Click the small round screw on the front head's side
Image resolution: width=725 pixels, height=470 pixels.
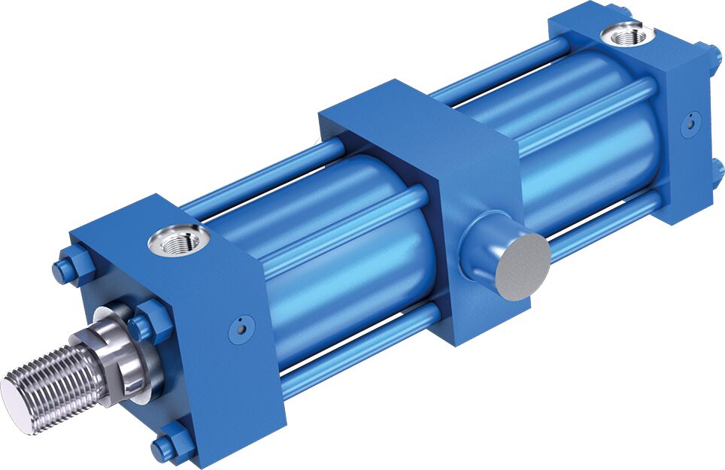pyautogui.click(x=241, y=326)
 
